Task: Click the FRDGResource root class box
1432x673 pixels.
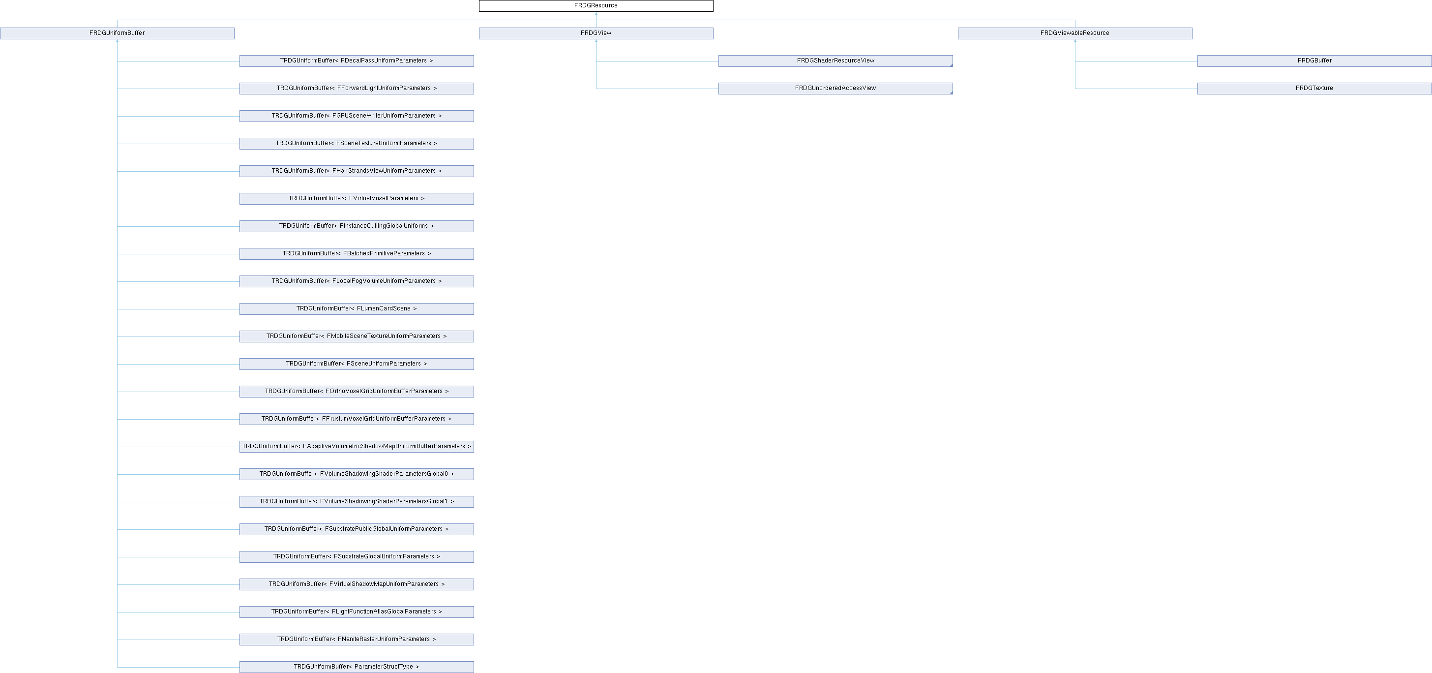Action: [596, 5]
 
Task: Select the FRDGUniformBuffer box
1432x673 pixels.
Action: [118, 33]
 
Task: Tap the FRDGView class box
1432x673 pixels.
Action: [596, 33]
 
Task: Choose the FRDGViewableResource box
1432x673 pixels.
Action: [1074, 33]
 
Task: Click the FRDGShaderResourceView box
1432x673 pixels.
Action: [835, 61]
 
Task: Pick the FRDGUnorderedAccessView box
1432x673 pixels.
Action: [835, 89]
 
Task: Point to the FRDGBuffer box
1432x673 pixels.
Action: [1314, 61]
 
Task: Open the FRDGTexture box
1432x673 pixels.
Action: [1314, 89]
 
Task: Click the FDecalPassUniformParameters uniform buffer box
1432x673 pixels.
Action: [357, 61]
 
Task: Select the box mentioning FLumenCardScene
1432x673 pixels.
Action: [357, 308]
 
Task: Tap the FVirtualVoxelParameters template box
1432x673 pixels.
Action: [357, 199]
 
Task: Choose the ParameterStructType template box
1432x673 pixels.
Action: [357, 667]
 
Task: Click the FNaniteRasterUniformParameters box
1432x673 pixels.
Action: [357, 639]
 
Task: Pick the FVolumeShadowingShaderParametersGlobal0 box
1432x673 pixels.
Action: [357, 474]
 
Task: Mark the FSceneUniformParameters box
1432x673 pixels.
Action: [357, 364]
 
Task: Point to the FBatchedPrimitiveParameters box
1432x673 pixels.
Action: [357, 254]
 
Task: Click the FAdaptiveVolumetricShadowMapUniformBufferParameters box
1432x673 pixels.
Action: [357, 447]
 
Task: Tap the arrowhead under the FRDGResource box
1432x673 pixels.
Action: [596, 14]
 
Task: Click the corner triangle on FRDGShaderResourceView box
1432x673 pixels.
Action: [951, 65]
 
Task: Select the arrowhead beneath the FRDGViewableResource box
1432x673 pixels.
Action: [1075, 41]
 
